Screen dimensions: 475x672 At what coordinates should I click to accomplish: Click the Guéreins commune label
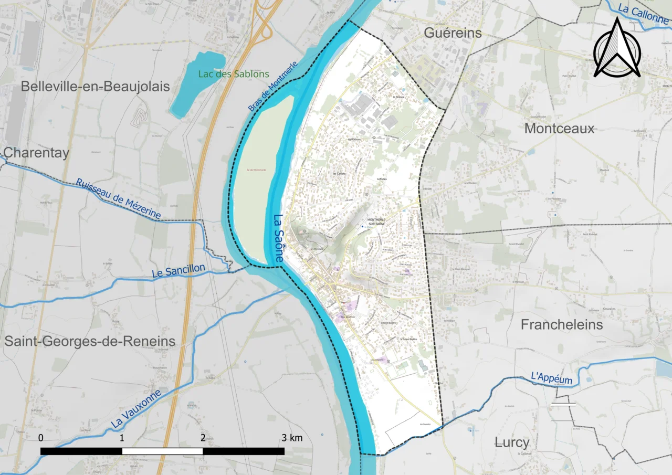[453, 33]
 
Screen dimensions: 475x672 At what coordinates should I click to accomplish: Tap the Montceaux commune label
[559, 129]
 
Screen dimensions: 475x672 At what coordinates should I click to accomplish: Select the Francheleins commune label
[562, 325]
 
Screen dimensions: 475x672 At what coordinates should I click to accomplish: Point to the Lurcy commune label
[512, 442]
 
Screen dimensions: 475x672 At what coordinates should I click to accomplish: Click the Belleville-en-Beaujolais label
[96, 87]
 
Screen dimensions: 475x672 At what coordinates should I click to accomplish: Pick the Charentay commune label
[36, 153]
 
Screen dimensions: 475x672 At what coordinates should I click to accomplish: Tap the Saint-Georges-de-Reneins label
[90, 341]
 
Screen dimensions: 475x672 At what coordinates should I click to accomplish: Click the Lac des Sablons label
[234, 74]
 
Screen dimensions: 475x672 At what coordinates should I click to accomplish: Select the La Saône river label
[279, 239]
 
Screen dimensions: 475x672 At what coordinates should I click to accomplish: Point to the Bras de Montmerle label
[273, 86]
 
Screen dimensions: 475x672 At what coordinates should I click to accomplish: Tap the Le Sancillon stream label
[178, 271]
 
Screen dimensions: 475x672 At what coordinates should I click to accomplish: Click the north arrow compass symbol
[617, 48]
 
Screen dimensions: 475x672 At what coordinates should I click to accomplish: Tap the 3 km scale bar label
[292, 437]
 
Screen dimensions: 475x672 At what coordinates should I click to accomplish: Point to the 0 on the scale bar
[41, 437]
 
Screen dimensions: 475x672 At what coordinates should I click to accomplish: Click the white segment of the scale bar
[162, 451]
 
